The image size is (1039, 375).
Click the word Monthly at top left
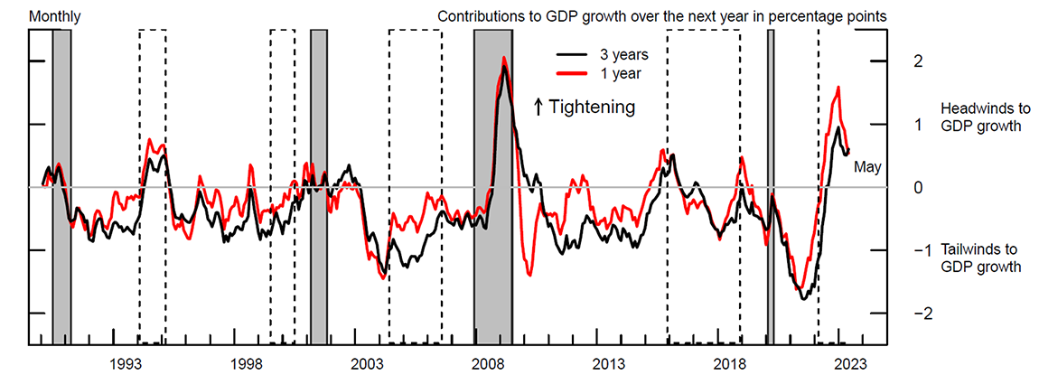[x=54, y=15]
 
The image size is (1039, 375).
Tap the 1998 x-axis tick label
[x=246, y=363]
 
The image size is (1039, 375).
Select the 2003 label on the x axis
[x=367, y=363]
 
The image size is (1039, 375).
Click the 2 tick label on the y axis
[x=918, y=61]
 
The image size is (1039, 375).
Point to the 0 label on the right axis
[x=918, y=187]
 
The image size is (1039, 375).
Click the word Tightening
[x=592, y=107]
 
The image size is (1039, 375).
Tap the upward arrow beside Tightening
[x=538, y=107]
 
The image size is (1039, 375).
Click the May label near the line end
[x=867, y=167]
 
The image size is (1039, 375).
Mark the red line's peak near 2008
[x=503, y=59]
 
